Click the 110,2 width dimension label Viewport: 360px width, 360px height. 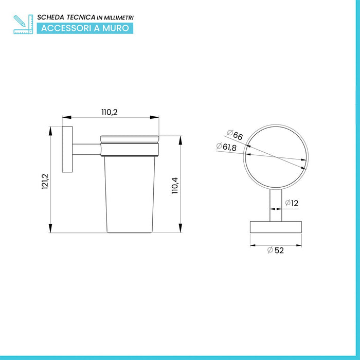pos(110,112)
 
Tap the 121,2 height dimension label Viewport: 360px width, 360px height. pos(45,182)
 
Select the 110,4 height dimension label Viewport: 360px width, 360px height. pos(175,186)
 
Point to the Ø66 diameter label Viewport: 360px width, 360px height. pos(235,135)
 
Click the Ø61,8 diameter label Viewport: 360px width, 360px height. pos(226,147)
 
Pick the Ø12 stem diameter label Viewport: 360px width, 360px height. pos(292,203)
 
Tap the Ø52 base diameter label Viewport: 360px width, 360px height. pos(276,250)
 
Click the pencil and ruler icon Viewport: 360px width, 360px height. pos(23,24)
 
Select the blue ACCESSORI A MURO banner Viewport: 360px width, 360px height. pos(85,28)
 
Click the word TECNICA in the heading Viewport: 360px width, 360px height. pos(81,17)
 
